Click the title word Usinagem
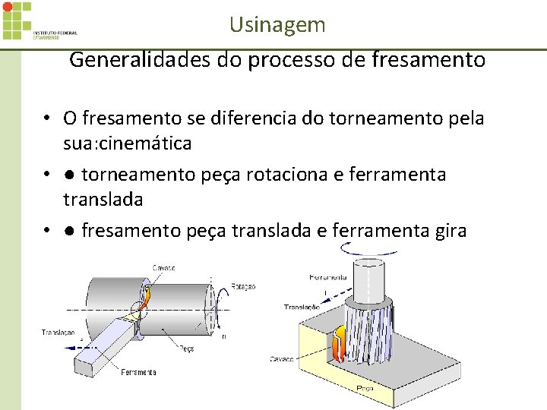point(277,24)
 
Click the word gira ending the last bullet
point(447,230)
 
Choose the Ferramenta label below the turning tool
point(138,372)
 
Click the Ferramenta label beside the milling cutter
point(328,277)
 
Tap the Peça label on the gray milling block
point(365,387)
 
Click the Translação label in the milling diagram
point(302,307)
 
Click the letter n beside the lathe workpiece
point(223,335)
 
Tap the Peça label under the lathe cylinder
point(186,348)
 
